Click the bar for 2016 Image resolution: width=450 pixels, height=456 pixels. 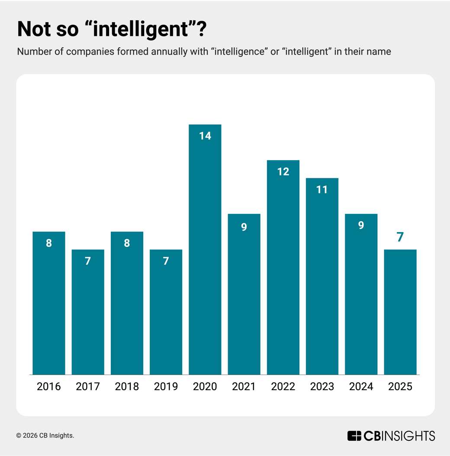click(x=49, y=303)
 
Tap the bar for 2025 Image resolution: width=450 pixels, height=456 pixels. click(x=400, y=312)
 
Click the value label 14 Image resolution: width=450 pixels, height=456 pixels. click(x=205, y=136)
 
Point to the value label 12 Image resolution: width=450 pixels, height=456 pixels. click(x=283, y=172)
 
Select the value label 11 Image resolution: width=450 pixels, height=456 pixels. click(x=322, y=190)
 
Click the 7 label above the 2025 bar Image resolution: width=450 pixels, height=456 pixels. click(x=400, y=237)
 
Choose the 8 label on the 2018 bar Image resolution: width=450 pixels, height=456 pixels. click(x=127, y=243)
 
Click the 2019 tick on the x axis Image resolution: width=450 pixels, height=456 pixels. click(x=166, y=387)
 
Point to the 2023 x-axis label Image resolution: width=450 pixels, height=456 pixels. click(x=322, y=387)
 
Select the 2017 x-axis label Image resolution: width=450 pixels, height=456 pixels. click(x=88, y=387)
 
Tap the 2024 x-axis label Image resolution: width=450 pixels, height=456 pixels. click(x=361, y=387)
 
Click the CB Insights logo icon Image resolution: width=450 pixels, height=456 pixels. click(x=354, y=436)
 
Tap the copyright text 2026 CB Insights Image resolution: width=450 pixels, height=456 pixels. click(x=45, y=436)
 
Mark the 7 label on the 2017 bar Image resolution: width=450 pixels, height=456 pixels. click(x=88, y=261)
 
